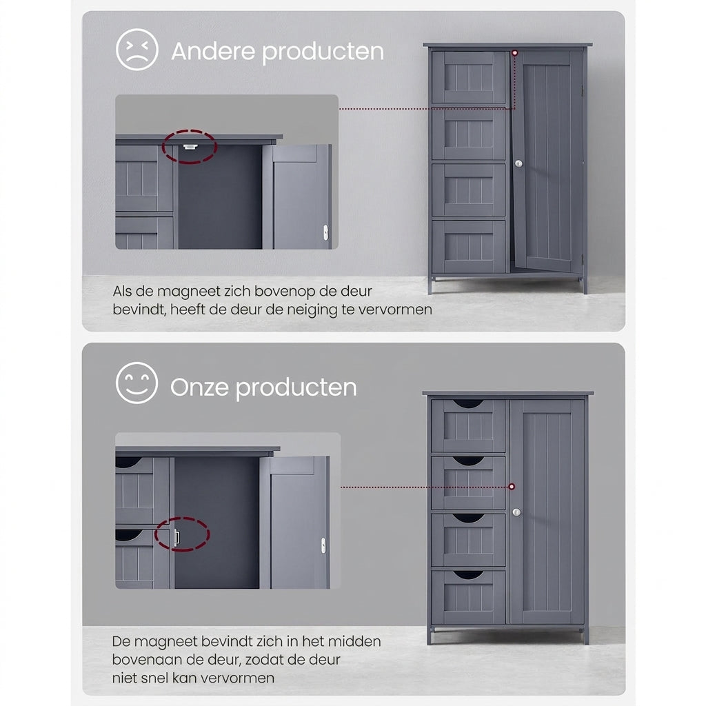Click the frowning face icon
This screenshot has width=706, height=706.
tap(137, 50)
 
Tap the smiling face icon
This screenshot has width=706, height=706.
tap(137, 383)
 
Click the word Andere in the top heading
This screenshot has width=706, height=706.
tap(214, 51)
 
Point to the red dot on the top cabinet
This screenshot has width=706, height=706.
tap(515, 53)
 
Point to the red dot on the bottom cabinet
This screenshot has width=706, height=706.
tap(512, 487)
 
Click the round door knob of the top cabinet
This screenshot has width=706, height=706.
tap(518, 164)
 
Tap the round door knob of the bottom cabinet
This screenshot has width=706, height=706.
tap(516, 512)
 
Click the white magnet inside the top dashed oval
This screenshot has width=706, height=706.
tap(190, 146)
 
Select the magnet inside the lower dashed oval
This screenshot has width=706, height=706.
tap(176, 537)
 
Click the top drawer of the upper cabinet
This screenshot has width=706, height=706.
tap(469, 77)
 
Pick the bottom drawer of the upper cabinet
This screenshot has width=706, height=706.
tap(469, 246)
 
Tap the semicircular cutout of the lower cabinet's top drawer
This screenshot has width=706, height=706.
tap(468, 403)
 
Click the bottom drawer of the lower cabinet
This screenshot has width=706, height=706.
tap(468, 597)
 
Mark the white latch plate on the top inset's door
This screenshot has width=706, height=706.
tap(325, 232)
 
